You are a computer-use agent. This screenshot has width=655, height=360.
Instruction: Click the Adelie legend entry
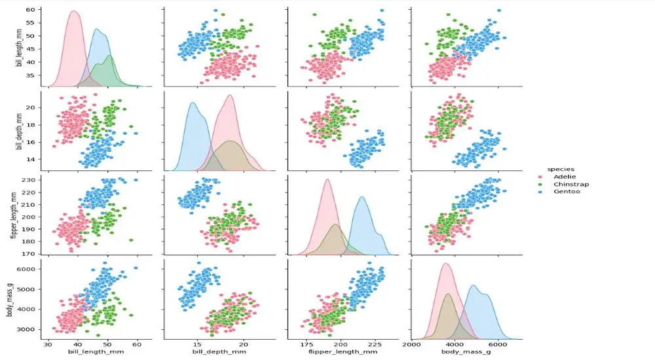pos(565,177)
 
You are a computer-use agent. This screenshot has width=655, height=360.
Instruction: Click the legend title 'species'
pos(561,169)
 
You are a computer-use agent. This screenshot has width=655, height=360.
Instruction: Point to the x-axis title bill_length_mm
pos(96,352)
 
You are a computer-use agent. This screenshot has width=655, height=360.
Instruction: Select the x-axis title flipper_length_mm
pos(343,352)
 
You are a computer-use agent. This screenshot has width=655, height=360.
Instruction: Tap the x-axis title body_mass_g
pos(466,352)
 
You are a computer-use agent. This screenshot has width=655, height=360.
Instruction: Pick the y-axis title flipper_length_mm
pos(14,215)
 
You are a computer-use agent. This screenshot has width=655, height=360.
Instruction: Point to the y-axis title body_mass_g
pos(9,300)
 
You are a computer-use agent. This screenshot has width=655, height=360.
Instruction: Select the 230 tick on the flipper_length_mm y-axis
pos(31,180)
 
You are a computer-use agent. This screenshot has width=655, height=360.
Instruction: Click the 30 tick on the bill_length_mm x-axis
pos(48,344)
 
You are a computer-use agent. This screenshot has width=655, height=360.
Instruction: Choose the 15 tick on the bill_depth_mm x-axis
pos(197,344)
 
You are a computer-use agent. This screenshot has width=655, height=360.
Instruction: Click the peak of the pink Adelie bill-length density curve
pos(74,11)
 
